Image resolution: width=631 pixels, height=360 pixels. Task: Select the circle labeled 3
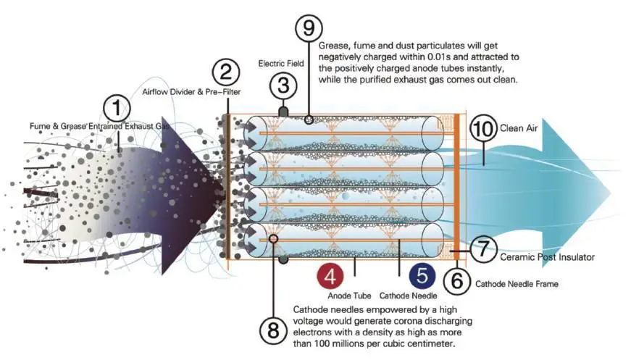click(x=283, y=86)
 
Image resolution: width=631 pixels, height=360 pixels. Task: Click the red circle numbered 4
click(x=330, y=277)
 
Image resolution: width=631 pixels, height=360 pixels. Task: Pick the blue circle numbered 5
click(x=421, y=277)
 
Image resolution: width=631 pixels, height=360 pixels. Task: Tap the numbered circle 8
click(x=273, y=330)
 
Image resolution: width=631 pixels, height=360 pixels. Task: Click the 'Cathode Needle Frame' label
click(x=517, y=284)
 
